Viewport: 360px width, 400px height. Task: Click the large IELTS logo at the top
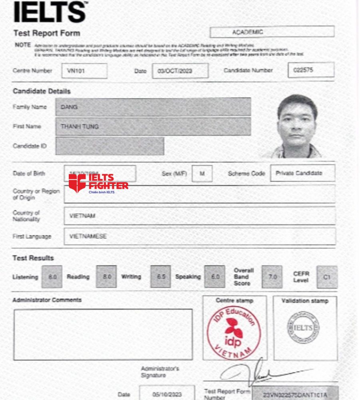(50, 12)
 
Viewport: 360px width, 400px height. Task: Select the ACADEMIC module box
(272, 32)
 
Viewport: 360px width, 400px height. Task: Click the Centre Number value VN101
(84, 71)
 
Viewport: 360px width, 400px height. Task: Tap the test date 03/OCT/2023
(180, 71)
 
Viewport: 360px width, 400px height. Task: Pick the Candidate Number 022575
(311, 70)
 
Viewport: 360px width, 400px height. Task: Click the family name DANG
(153, 107)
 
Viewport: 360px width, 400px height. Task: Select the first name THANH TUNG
(153, 126)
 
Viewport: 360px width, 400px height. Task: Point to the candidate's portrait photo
(296, 126)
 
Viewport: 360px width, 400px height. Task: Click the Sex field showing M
(202, 174)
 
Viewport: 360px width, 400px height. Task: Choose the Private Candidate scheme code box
(302, 173)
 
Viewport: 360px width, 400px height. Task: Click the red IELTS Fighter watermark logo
(98, 183)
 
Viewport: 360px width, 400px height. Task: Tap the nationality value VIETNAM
(199, 216)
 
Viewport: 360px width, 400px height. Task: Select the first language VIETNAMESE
(199, 236)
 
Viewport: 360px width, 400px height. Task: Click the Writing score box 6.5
(161, 276)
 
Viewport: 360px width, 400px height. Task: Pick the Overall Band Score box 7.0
(272, 276)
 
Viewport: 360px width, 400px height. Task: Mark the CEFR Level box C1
(327, 276)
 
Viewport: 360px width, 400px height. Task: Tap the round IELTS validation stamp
(303, 328)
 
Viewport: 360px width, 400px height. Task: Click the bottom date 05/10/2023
(167, 394)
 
